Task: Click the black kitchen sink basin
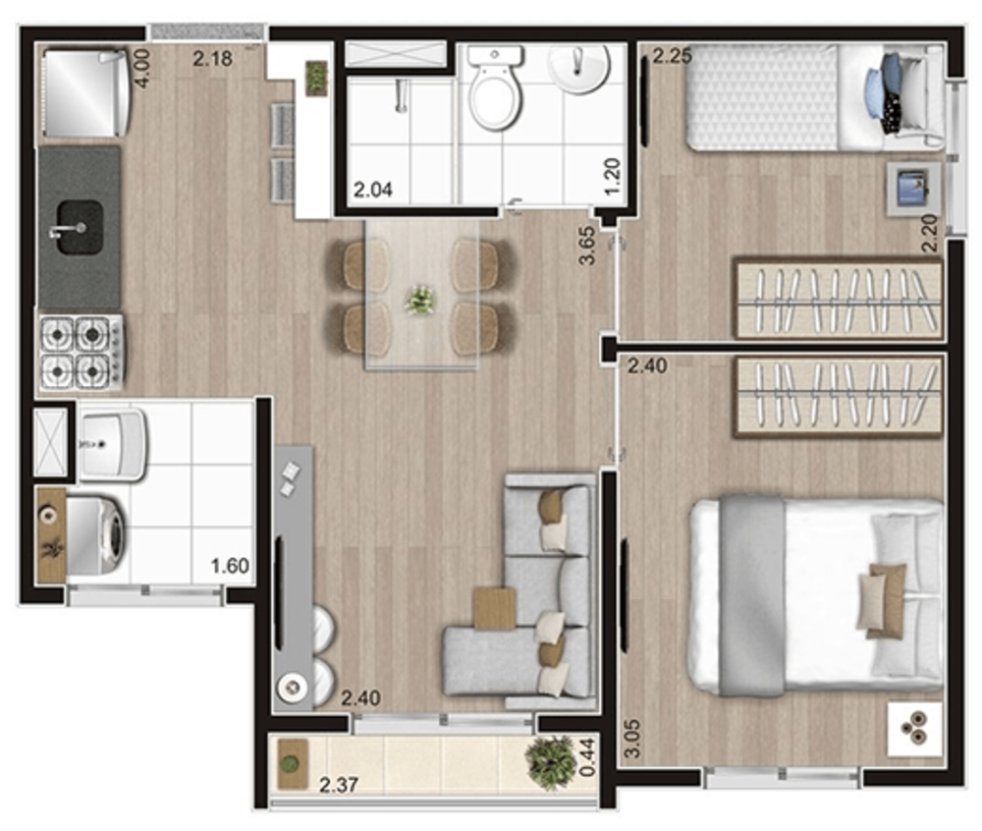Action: [80, 227]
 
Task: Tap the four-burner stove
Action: [81, 353]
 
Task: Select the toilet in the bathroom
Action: [495, 86]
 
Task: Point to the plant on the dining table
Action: [420, 301]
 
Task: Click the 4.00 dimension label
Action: [142, 68]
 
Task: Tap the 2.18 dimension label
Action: [212, 60]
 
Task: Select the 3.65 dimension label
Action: [587, 247]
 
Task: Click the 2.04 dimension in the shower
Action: [373, 190]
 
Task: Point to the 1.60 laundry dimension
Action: [230, 566]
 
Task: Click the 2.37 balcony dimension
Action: [339, 785]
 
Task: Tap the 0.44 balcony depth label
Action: [587, 756]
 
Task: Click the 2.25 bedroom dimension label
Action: [672, 56]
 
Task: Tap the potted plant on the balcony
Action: [551, 761]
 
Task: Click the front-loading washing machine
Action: [97, 535]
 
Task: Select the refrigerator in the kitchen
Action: [85, 92]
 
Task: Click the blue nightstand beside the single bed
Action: [913, 190]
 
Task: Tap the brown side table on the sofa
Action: [494, 608]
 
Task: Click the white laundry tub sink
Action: [112, 445]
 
